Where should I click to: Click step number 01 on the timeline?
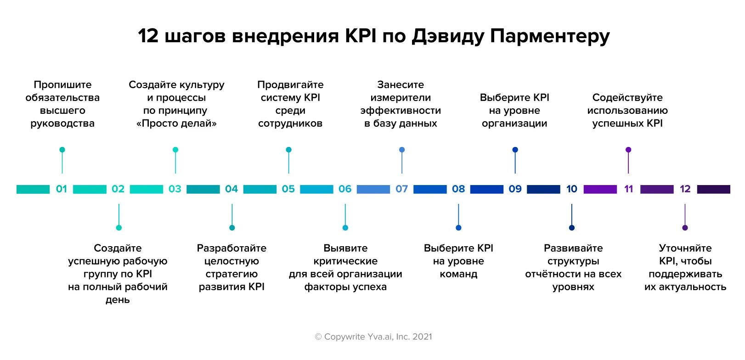pyautogui.click(x=61, y=189)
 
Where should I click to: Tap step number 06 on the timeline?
pyautogui.click(x=345, y=189)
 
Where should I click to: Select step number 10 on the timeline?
pyautogui.click(x=571, y=189)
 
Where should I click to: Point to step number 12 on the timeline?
pyautogui.click(x=685, y=189)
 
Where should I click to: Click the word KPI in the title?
pyautogui.click(x=361, y=36)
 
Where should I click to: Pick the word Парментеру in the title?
pyautogui.click(x=550, y=36)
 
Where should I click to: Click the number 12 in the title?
pyautogui.click(x=148, y=36)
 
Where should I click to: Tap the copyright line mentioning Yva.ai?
pyautogui.click(x=373, y=337)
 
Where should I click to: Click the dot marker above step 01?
pyautogui.click(x=62, y=150)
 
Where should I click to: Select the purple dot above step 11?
pyautogui.click(x=628, y=150)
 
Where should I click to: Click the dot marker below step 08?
pyautogui.click(x=458, y=228)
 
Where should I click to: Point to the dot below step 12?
pyautogui.click(x=685, y=228)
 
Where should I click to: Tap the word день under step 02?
pyautogui.click(x=118, y=300)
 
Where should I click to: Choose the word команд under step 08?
pyautogui.click(x=458, y=274)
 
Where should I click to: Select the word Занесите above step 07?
pyautogui.click(x=401, y=84)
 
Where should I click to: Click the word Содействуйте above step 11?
pyautogui.click(x=627, y=97)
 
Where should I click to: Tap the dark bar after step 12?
pyautogui.click(x=713, y=189)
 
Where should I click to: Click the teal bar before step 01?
pyautogui.click(x=33, y=189)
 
